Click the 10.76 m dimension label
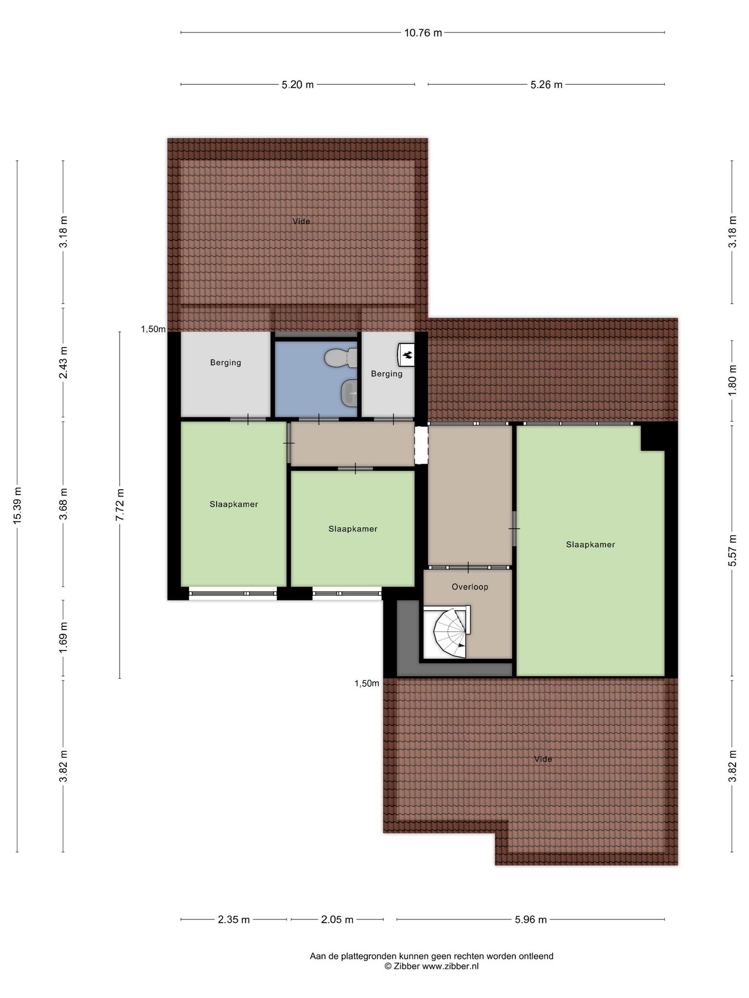coord(423,33)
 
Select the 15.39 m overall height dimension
coord(18,505)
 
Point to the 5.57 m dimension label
coord(732,550)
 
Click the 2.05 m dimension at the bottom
coord(337,920)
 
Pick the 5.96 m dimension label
coord(531,920)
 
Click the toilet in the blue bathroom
coord(341,358)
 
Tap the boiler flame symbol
coord(407,354)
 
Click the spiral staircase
coord(451,633)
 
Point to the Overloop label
coord(470,587)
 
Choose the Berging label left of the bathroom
coord(226,363)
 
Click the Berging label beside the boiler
coord(387,374)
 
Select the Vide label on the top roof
coord(301,221)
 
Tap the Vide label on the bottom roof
coord(543,759)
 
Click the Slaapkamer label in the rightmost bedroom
coord(591,544)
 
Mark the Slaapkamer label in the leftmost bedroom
coord(234,504)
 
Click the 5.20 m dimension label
coord(297,85)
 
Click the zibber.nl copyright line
coord(431,966)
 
